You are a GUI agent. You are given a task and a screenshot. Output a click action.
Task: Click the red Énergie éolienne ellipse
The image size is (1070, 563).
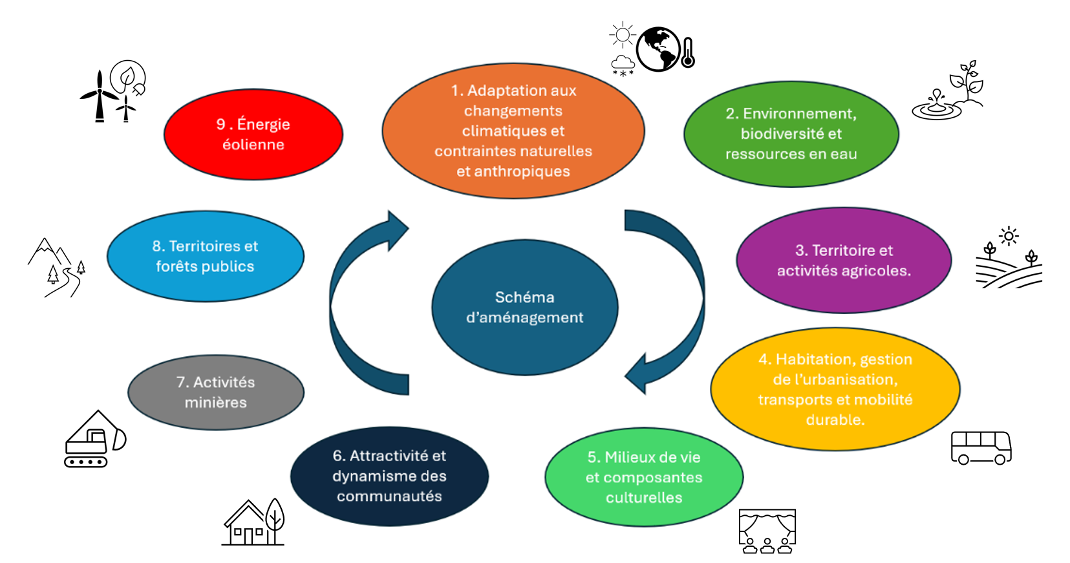[x=253, y=134]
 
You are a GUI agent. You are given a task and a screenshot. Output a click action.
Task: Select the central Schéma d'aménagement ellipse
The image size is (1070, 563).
[x=524, y=307]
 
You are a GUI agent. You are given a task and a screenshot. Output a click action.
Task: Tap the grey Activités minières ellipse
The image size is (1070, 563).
[x=215, y=392]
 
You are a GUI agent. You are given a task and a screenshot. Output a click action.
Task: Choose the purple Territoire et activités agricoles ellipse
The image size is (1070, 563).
[x=844, y=260]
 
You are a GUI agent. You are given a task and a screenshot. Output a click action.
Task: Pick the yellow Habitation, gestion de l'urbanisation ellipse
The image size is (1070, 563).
[x=835, y=389]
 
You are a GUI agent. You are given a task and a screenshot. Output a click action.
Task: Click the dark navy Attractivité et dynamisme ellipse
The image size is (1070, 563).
[x=389, y=476]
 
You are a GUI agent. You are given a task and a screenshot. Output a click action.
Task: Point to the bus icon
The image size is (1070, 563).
[x=981, y=447]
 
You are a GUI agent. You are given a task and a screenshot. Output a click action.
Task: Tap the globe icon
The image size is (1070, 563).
[x=658, y=49]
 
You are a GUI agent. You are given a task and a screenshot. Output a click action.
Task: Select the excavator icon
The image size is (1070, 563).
[x=94, y=440]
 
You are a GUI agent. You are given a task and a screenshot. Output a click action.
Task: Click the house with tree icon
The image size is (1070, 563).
[x=253, y=522]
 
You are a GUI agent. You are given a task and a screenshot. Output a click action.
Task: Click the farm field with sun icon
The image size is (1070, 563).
[x=1009, y=259]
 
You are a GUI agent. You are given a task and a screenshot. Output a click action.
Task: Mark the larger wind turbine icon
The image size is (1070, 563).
[x=99, y=96]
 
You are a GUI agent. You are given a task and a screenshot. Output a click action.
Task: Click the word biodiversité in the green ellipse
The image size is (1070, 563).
[x=791, y=134]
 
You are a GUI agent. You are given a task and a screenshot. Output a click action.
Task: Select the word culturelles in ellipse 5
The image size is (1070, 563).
[x=644, y=498]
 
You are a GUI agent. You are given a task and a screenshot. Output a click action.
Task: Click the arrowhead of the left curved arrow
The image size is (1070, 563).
[x=396, y=230]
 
